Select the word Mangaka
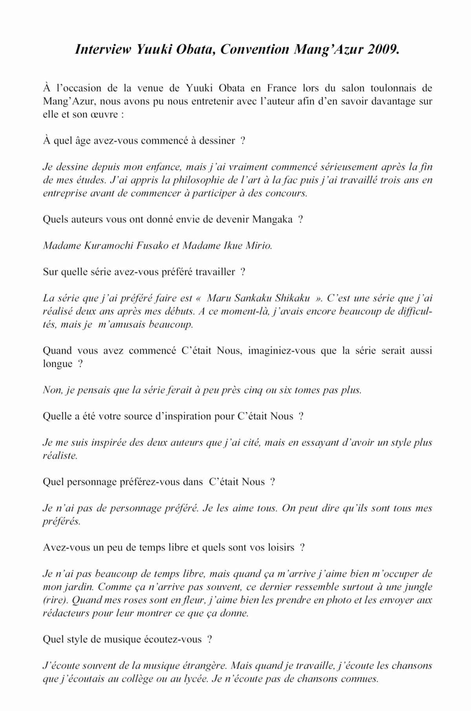(x=272, y=219)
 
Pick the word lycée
(x=192, y=679)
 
